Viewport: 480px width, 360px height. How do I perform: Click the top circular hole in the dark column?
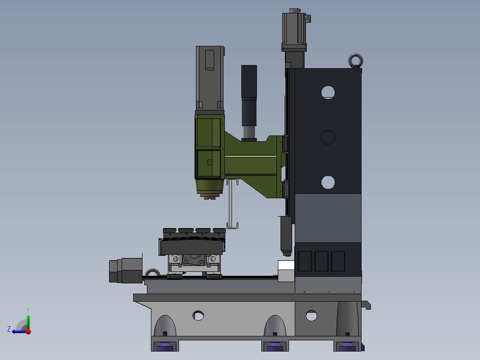click(328, 93)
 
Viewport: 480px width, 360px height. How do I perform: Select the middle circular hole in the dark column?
click(328, 138)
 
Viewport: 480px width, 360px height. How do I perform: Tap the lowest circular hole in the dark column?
click(328, 182)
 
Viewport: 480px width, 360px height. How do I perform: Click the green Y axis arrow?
click(28, 322)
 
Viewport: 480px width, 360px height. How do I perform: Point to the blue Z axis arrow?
click(20, 331)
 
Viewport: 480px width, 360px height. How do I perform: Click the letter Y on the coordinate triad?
click(28, 310)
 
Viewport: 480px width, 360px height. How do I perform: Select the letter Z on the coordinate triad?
click(9, 329)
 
